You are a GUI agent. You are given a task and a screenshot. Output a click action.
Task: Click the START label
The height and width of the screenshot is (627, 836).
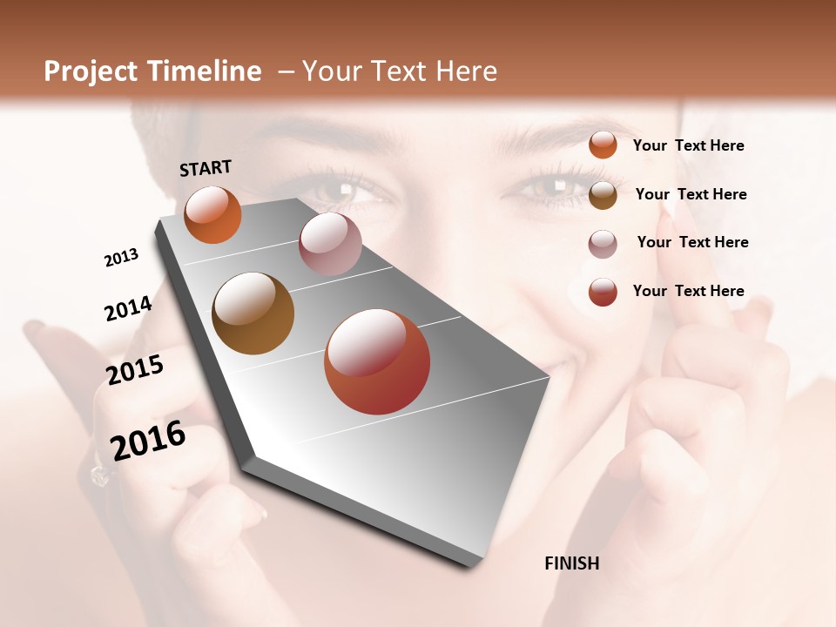click(206, 168)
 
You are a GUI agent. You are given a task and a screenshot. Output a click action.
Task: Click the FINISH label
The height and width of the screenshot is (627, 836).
click(571, 563)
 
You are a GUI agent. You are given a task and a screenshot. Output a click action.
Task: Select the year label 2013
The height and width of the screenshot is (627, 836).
click(121, 258)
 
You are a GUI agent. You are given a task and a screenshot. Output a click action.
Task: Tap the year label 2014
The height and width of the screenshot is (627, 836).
click(128, 308)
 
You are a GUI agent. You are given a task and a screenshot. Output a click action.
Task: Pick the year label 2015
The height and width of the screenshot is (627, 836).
click(135, 369)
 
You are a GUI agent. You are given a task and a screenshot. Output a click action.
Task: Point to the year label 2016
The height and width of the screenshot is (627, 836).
click(148, 440)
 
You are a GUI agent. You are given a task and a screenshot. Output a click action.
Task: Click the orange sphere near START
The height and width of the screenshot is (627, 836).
click(212, 215)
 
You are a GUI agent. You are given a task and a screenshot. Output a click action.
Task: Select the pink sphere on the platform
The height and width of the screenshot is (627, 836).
click(330, 244)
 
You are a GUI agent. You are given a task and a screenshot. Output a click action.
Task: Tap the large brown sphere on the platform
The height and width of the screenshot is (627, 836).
click(253, 313)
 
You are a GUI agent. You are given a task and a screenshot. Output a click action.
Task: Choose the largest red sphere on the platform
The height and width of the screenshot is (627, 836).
click(377, 361)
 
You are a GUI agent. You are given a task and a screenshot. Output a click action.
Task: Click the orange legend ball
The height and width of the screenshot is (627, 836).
click(603, 145)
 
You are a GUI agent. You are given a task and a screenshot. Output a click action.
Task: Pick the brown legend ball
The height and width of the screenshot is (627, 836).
click(603, 194)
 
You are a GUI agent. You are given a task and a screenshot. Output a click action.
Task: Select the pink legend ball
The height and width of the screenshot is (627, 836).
click(603, 243)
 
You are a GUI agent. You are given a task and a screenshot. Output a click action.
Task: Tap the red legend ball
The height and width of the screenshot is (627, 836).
click(603, 292)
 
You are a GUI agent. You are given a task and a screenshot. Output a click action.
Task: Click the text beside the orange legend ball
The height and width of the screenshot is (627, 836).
click(688, 145)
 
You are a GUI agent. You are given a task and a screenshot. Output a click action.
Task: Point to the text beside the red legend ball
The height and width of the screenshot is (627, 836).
click(688, 291)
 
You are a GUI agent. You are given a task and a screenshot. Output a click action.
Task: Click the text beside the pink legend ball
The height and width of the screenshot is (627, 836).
click(692, 242)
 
